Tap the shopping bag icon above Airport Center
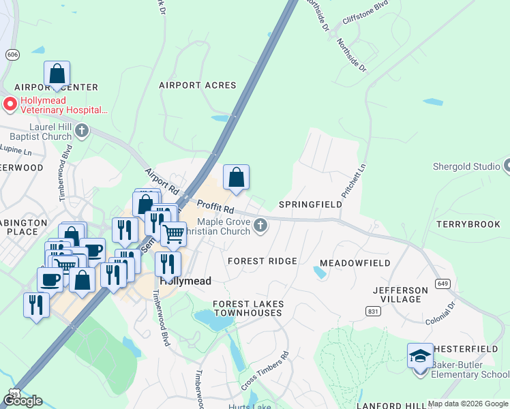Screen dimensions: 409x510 [x=57, y=74]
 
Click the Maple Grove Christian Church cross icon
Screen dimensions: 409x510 [x=260, y=226]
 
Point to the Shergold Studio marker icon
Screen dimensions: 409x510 [x=507, y=166]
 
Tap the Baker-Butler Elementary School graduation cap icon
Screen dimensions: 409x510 [x=420, y=356]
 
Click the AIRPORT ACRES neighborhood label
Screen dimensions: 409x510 [x=197, y=85]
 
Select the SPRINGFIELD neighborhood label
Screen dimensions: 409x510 [x=310, y=204]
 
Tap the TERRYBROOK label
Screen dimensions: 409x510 [x=468, y=224]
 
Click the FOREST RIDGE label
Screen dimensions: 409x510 [x=262, y=261]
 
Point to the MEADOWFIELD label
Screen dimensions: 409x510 [x=355, y=263]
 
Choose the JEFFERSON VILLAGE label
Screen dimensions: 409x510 [x=400, y=294]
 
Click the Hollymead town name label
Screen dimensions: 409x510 [x=185, y=281]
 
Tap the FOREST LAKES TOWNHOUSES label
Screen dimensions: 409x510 [x=247, y=308]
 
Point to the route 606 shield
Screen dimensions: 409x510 [x=12, y=54]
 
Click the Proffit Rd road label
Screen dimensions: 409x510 [x=216, y=205]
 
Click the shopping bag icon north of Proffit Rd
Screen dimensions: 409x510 [x=236, y=178]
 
